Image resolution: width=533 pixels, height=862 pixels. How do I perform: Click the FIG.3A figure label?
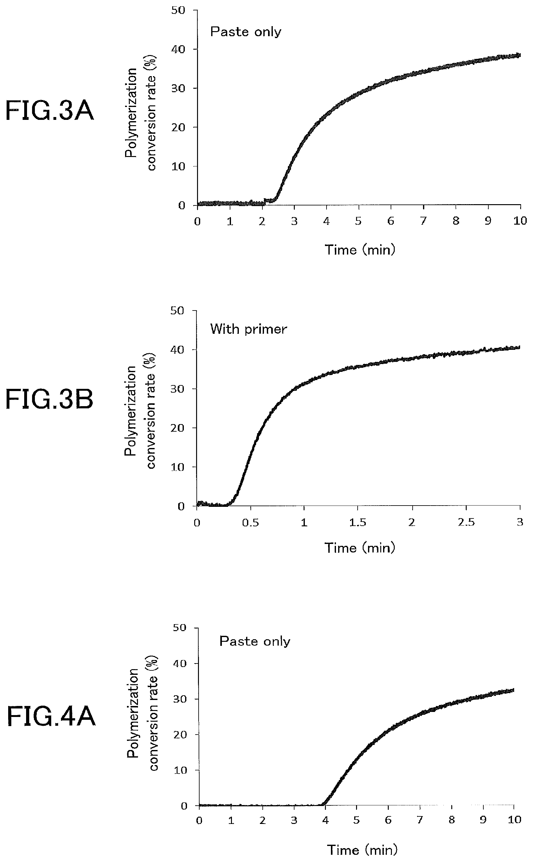pos(50,111)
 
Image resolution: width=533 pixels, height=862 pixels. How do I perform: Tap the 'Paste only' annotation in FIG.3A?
pos(246,32)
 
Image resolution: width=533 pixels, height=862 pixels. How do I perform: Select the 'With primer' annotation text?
pos(249,329)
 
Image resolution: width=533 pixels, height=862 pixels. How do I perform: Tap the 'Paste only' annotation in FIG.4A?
pos(255,641)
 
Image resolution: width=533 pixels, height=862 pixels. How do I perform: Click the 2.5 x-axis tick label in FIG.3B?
pos(466,522)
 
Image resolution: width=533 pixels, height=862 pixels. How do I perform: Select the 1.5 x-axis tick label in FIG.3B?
pos(358,522)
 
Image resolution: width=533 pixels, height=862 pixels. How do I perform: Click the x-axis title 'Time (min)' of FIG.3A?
pos(360,250)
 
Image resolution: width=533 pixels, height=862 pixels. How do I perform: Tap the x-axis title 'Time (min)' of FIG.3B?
pos(360,548)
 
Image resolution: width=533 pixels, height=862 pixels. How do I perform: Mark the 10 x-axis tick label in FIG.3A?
pos(519,221)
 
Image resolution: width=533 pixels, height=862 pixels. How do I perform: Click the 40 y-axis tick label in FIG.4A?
pos(180,664)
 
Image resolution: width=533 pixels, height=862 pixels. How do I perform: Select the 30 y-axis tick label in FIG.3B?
pos(178,389)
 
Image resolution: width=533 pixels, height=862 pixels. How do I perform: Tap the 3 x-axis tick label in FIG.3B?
pos(520,522)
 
